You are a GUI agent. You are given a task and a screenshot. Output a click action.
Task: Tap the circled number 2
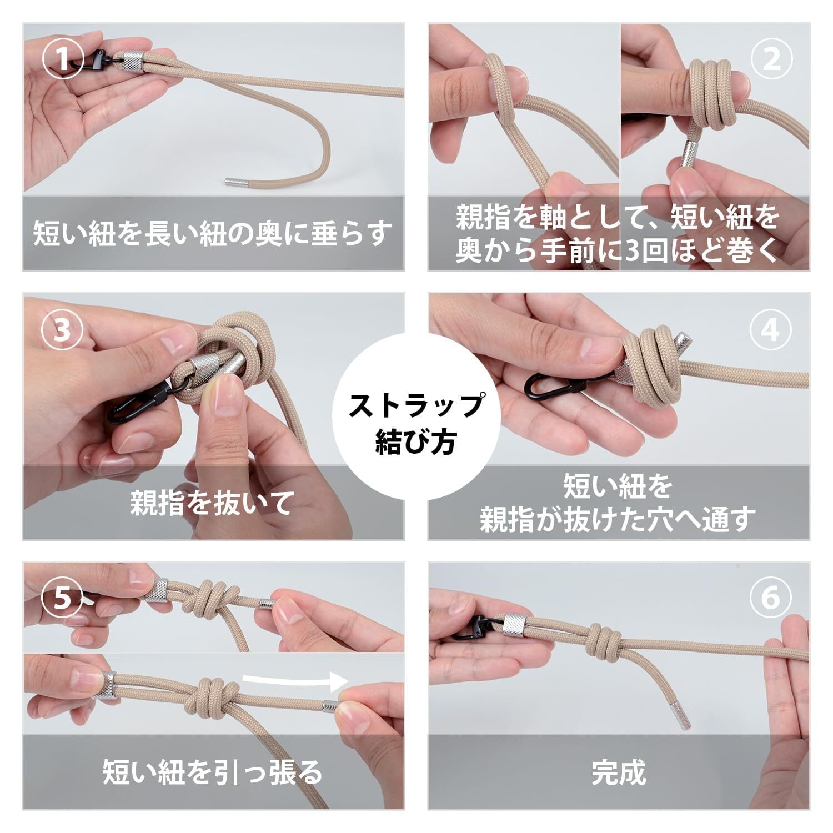[771, 59]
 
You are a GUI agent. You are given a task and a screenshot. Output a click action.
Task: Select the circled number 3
[63, 330]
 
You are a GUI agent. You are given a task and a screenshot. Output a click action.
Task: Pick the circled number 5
[63, 599]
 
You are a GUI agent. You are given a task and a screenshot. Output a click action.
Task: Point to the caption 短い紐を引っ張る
[213, 772]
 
